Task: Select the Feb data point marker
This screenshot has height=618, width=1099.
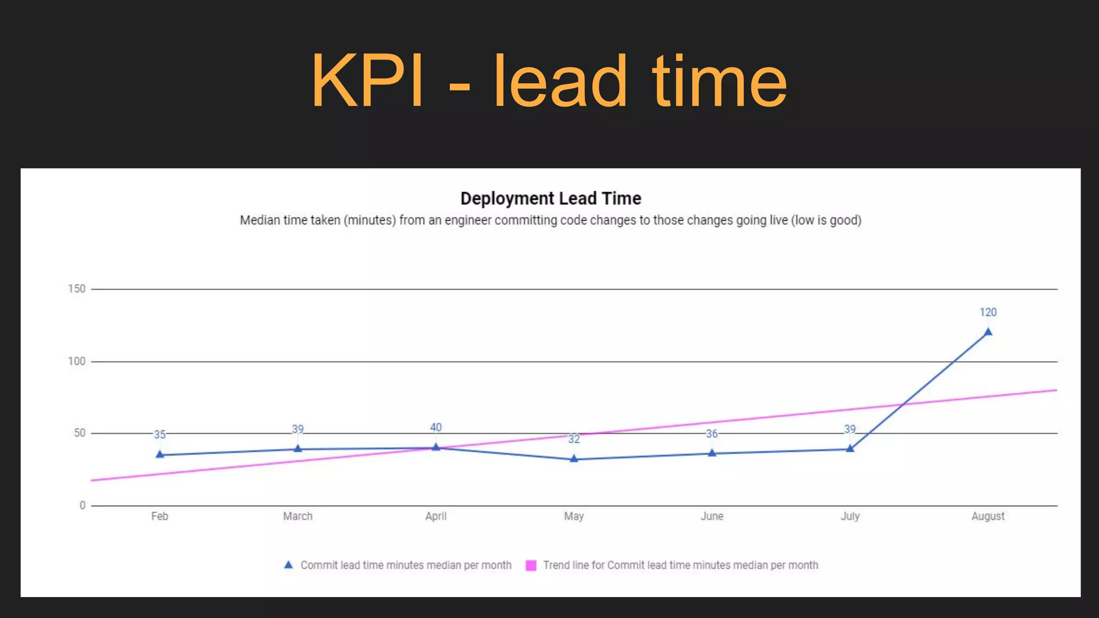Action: pos(159,455)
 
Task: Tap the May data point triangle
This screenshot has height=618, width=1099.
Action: pos(574,459)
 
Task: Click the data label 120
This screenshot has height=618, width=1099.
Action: pos(988,312)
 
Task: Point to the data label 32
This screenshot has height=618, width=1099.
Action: pos(574,439)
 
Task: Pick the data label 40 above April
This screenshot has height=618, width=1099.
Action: pos(436,428)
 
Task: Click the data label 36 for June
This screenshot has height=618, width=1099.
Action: pos(712,433)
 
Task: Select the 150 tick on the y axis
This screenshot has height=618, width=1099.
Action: pos(77,289)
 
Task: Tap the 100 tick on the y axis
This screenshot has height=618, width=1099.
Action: pos(77,362)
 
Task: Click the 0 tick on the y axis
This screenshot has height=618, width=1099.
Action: pos(82,505)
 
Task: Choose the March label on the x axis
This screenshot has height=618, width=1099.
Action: pos(298,516)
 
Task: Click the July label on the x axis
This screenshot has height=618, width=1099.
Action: pos(850,516)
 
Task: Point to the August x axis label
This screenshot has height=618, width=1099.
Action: pos(988,516)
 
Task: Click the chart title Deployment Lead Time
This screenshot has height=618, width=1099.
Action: pos(551,198)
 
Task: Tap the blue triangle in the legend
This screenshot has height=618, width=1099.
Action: pos(289,565)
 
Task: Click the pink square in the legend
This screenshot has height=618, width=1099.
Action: pos(531,565)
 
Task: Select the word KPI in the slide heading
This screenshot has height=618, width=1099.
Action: pos(367,82)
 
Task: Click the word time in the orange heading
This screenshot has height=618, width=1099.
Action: pos(719,82)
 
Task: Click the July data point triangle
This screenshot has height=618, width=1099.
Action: pos(850,449)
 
